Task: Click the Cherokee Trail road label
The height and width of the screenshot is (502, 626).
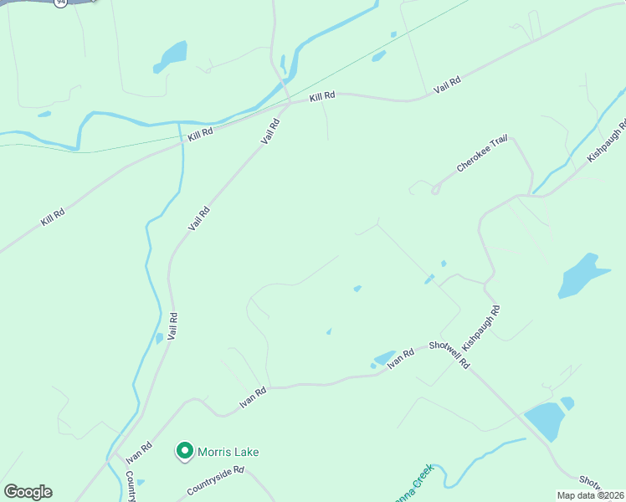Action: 482,155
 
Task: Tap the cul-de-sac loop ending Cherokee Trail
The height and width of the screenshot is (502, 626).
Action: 435,190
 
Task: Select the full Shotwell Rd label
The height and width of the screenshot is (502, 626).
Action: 450,356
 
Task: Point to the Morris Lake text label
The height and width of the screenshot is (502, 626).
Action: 228,452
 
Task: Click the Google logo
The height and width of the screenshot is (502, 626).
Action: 28,492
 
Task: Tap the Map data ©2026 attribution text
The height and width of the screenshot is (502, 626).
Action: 589,495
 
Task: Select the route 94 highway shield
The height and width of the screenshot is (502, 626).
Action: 59,3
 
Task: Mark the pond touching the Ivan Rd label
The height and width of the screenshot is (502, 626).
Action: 384,358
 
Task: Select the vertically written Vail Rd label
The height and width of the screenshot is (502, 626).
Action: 172,326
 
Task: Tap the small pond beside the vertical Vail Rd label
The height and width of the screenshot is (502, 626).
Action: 159,339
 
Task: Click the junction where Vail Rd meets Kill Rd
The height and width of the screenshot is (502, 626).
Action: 289,105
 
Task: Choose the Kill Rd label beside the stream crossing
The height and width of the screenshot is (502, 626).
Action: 200,131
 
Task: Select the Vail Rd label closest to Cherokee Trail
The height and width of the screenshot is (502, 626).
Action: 269,131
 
